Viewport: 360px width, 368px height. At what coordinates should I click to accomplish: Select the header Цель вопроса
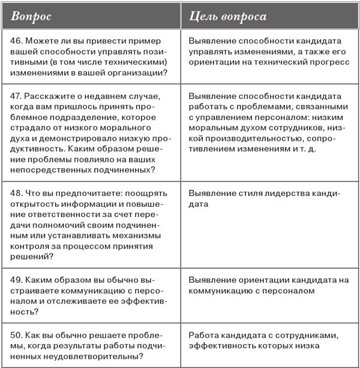pos(227,16)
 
